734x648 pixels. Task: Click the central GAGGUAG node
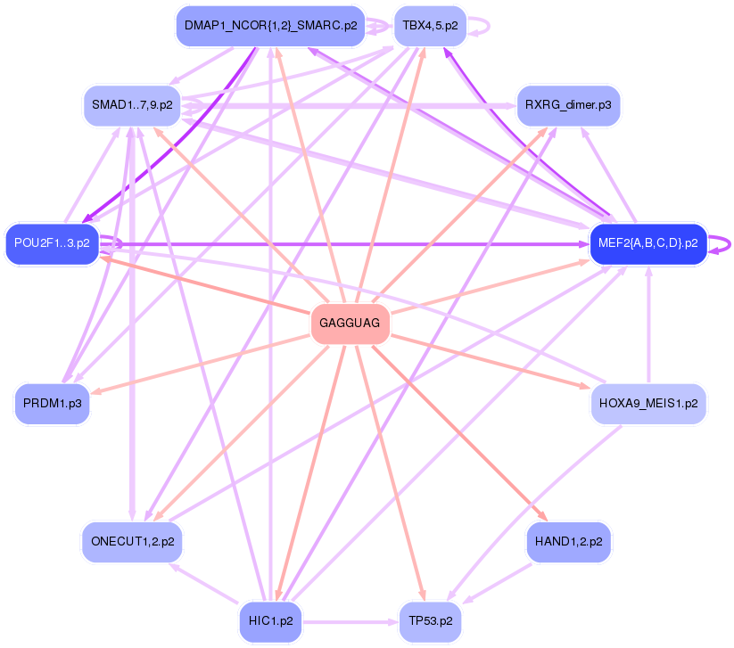[351, 323]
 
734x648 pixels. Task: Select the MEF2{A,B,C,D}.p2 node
[648, 243]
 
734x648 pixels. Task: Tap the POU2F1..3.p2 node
[52, 243]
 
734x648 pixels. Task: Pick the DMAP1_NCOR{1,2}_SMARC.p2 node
[270, 26]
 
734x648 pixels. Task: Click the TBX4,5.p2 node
[430, 26]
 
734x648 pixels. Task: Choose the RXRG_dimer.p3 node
[568, 105]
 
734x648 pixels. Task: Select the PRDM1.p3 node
[53, 404]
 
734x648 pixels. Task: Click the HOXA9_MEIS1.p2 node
[648, 404]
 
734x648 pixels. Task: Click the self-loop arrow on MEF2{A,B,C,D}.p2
[721, 243]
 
